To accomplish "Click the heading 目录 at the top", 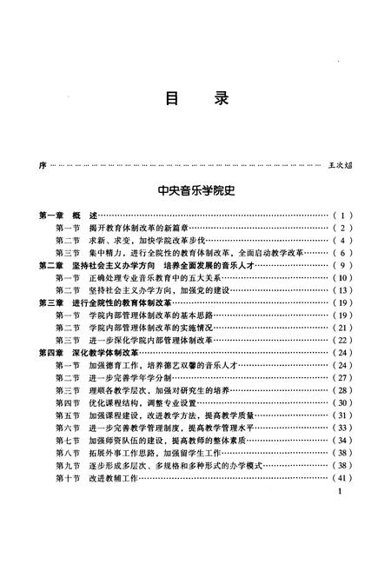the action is coord(195,98).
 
